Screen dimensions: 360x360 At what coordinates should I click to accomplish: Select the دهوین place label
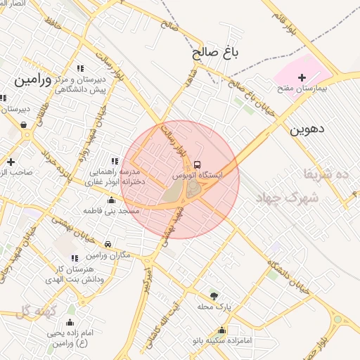pyautogui.click(x=305, y=129)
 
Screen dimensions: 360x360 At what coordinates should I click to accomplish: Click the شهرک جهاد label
pyautogui.click(x=292, y=198)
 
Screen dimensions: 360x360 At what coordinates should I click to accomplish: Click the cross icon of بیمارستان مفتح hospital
pyautogui.click(x=302, y=78)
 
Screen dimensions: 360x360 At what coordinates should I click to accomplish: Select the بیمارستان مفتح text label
pyautogui.click(x=305, y=89)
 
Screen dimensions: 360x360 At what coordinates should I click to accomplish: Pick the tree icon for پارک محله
pyautogui.click(x=214, y=295)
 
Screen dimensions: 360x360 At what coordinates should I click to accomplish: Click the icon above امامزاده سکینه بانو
pyautogui.click(x=222, y=330)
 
